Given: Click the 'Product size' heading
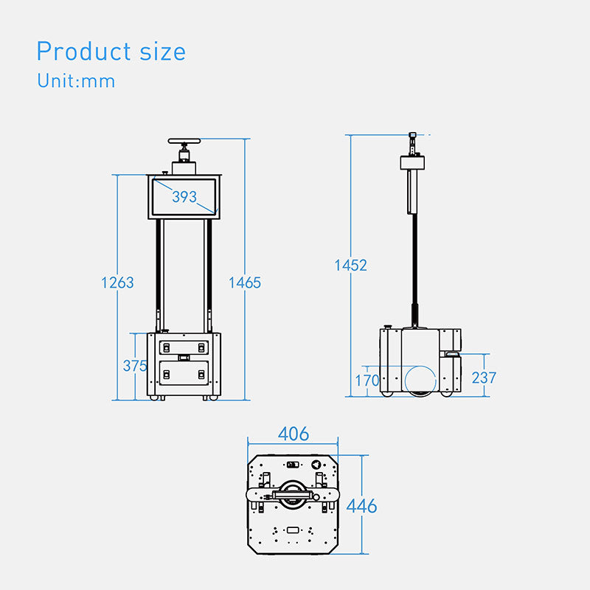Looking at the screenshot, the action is pos(111,51).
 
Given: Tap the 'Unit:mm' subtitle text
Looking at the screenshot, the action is pos(76,80).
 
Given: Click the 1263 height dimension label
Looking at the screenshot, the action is pos(117,282).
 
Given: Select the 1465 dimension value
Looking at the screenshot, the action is pos(245,282).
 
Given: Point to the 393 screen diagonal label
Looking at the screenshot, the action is pos(184,196).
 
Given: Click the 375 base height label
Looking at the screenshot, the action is pos(135,366).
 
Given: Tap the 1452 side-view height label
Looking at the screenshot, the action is pos(351,265).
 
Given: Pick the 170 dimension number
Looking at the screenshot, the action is pos(367,381).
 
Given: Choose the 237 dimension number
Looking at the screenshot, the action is pos(484,378).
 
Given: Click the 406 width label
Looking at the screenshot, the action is pos(294,434).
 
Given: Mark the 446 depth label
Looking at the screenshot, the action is pos(361,506).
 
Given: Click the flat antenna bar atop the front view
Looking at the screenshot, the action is pos(184,141).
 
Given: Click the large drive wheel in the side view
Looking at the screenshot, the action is pos(420,381).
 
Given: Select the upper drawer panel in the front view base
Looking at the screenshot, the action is pos(184,347).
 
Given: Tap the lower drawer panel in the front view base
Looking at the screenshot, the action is pos(184,373).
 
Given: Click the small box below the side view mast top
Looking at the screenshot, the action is pos(412,162).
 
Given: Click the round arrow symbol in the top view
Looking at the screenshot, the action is pos(317,465).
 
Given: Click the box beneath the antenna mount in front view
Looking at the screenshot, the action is pos(184,168).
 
